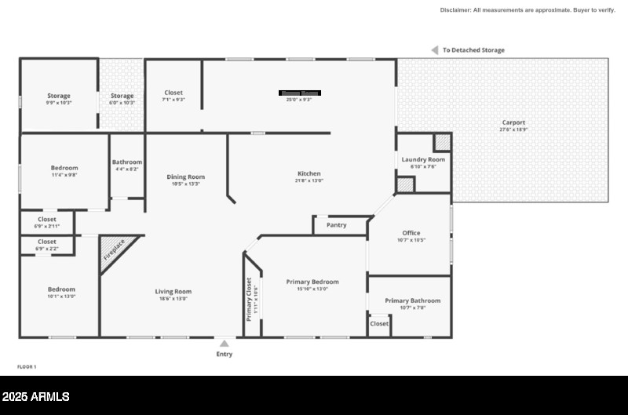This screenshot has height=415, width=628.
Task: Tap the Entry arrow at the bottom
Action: click(225, 344)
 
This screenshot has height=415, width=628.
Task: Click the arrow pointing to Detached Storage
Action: click(434, 50)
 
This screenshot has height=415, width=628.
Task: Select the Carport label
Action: click(513, 122)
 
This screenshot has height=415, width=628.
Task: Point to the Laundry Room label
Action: click(423, 159)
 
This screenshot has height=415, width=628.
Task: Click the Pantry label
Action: click(336, 225)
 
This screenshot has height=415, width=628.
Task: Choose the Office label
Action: click(411, 233)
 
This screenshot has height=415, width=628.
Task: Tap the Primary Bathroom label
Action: click(412, 300)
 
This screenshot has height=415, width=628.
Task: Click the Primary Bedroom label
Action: click(312, 282)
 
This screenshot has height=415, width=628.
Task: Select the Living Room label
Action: click(173, 292)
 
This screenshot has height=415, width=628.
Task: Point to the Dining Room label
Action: click(185, 177)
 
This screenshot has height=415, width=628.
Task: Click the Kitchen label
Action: click(309, 173)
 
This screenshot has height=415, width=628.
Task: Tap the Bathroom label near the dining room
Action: click(127, 162)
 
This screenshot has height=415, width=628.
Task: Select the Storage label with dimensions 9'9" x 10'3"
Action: click(59, 96)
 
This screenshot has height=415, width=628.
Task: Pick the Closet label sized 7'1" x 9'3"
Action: click(173, 93)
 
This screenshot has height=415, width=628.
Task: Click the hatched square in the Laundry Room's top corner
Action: click(443, 142)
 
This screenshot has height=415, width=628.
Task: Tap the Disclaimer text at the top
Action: click(528, 10)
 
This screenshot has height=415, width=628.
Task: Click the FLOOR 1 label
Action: click(27, 366)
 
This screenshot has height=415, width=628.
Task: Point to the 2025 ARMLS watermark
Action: click(36, 397)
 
